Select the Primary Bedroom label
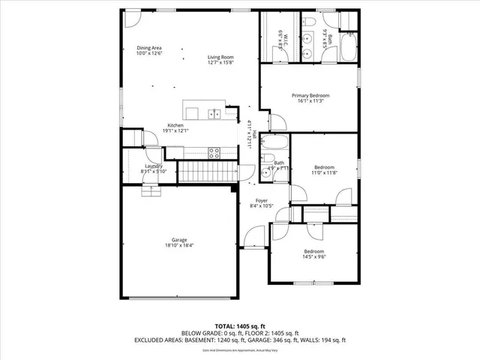pos(309,96)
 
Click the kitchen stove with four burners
pos(214,152)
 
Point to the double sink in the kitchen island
pos(214,114)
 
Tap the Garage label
pos(178,240)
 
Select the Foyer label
pos(262,200)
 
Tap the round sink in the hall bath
pos(266,172)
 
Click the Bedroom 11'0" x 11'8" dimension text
pos(324,173)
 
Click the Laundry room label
pos(154,166)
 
